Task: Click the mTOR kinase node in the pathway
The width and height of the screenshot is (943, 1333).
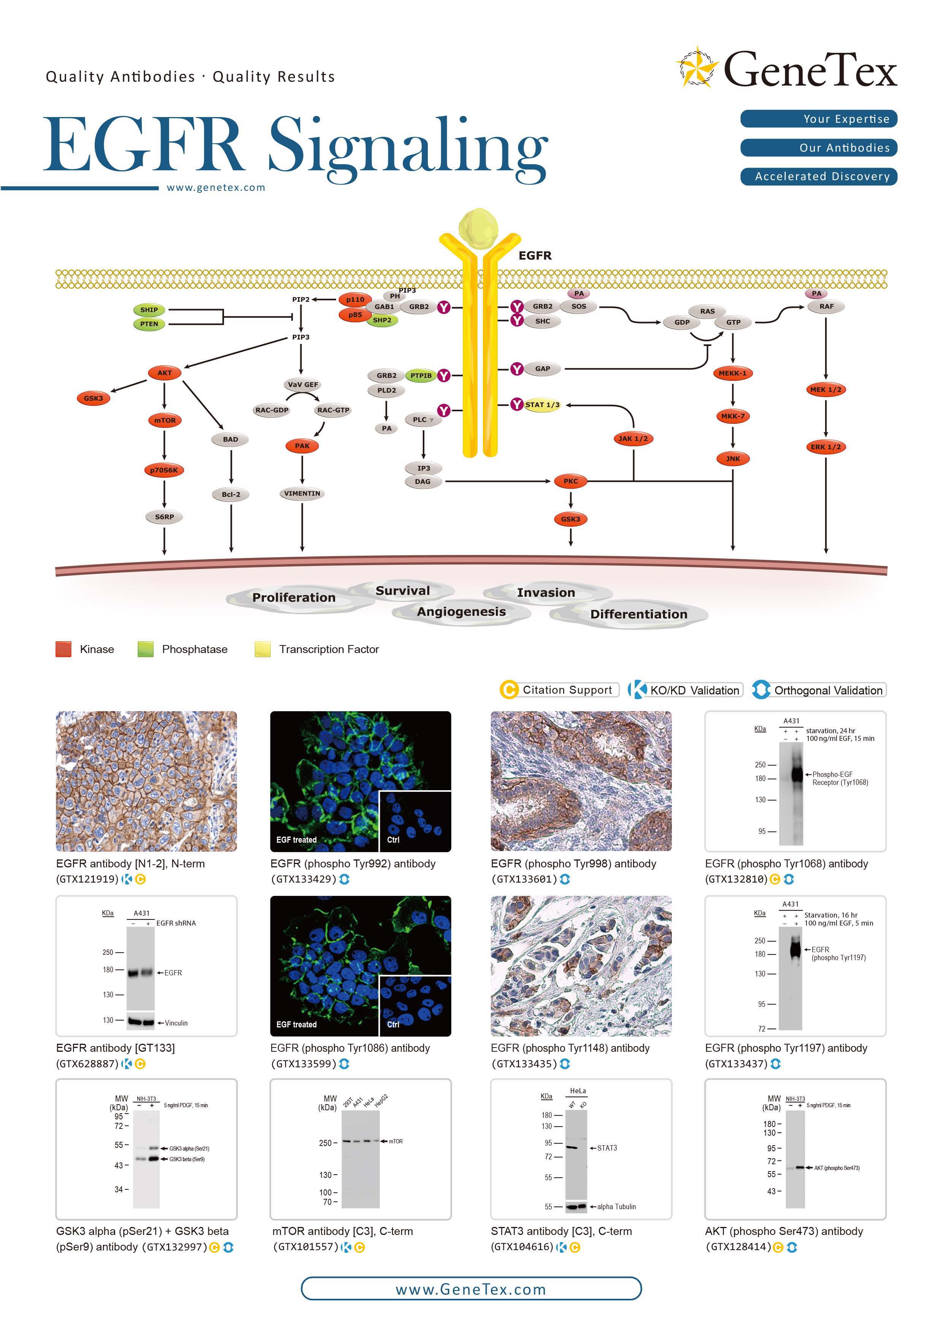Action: coord(165,420)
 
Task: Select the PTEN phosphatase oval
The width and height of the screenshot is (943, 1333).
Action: coord(149,324)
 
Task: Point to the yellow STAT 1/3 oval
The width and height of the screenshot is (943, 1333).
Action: coord(542,405)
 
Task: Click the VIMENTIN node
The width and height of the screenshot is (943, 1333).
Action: coord(302,493)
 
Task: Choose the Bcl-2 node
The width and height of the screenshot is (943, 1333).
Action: coord(231,495)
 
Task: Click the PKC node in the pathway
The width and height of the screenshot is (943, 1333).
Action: coord(571,481)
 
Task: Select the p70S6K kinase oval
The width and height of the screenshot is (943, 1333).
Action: coord(164,470)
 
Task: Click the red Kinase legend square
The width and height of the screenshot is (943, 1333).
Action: coord(63,649)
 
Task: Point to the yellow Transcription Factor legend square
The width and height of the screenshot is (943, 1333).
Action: coord(262,649)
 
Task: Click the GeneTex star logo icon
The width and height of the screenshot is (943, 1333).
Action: coord(697,67)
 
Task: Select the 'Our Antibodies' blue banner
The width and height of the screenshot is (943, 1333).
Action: coord(819,148)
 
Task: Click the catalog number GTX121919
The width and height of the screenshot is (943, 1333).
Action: coord(87,879)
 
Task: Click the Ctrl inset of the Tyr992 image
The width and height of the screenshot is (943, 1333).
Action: coord(414,821)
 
